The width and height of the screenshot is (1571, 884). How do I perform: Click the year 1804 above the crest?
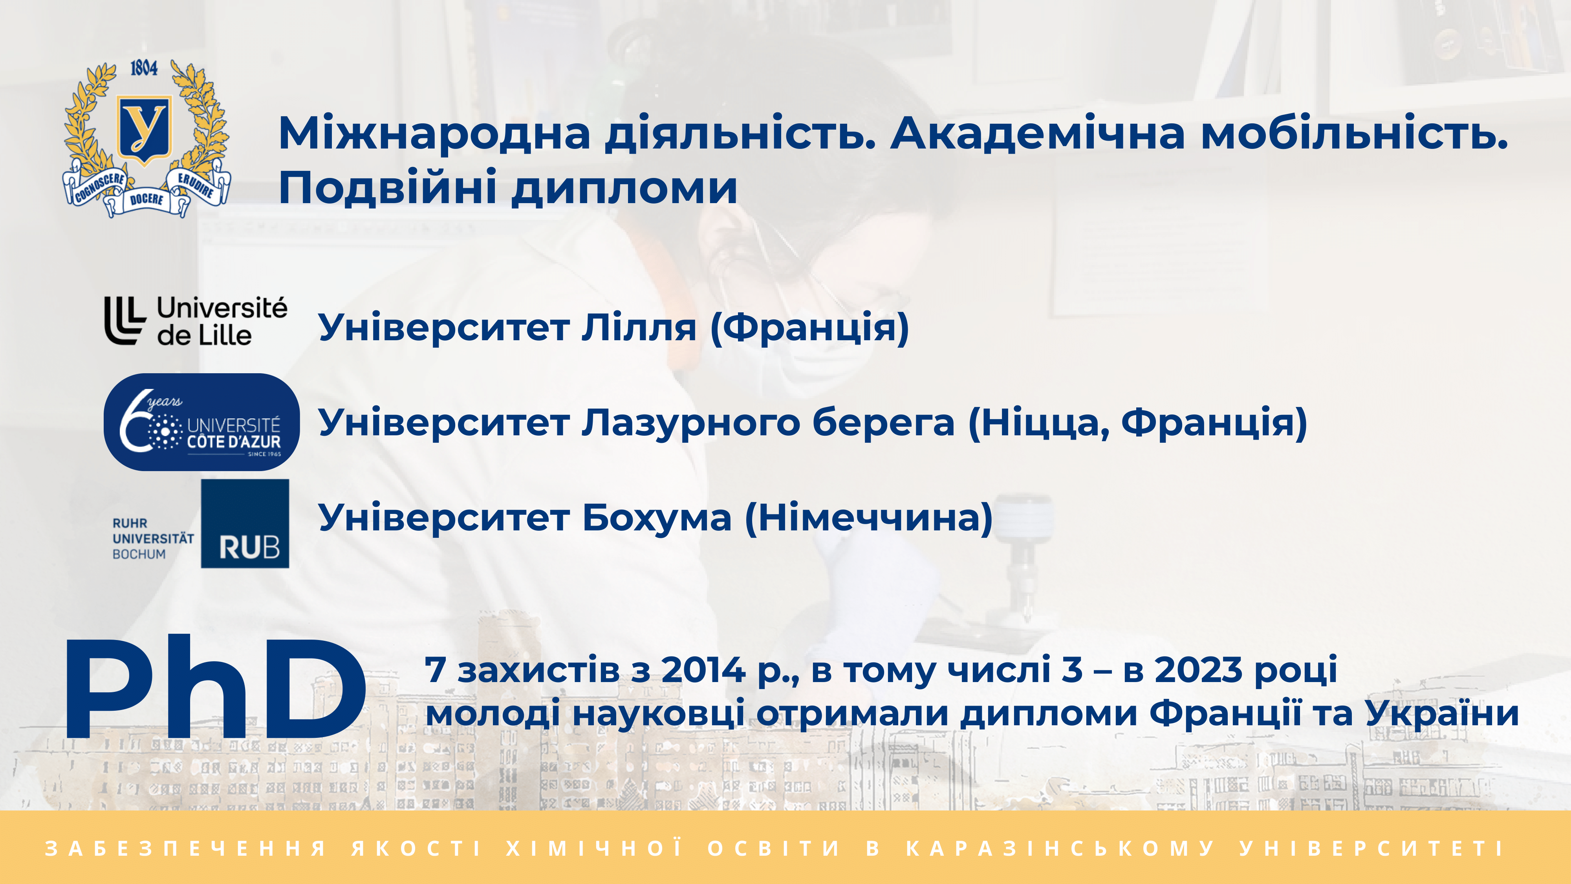click(144, 68)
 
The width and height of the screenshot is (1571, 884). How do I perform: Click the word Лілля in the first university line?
click(639, 328)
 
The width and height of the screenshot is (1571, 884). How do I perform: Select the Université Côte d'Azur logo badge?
click(202, 422)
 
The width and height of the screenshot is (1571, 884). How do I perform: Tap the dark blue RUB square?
click(245, 523)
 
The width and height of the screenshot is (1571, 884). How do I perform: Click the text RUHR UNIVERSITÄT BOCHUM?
click(153, 539)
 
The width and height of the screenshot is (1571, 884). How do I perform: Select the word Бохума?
click(657, 518)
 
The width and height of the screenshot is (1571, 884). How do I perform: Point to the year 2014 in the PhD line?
click(703, 670)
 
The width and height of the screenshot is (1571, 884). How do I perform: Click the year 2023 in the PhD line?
click(1198, 670)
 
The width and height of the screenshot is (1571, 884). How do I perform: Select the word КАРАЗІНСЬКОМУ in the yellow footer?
click(1060, 848)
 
